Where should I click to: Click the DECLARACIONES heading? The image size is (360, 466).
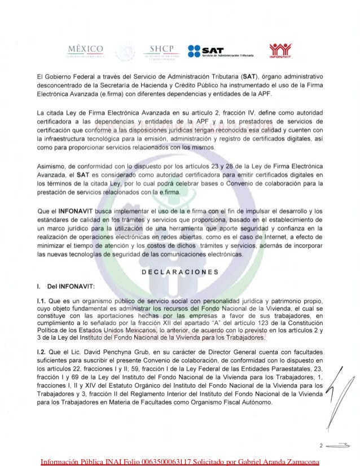[x=179, y=271]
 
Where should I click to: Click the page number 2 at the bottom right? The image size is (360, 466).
[x=321, y=446]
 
